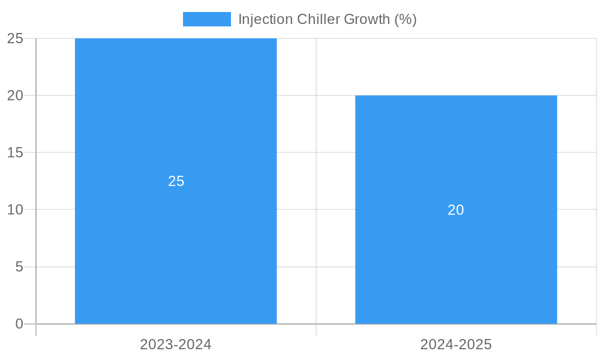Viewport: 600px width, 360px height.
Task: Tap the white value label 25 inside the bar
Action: click(x=176, y=181)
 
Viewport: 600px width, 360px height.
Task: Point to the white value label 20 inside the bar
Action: click(x=456, y=210)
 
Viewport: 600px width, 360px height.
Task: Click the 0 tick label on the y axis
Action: click(x=19, y=324)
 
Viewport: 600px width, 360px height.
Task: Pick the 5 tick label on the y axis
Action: click(x=19, y=266)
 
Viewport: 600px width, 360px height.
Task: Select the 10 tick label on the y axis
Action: click(x=15, y=209)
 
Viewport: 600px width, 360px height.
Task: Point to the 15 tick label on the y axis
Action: click(x=15, y=152)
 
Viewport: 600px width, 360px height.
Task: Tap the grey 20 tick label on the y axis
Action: click(x=15, y=95)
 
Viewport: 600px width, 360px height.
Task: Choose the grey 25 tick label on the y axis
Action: click(x=15, y=38)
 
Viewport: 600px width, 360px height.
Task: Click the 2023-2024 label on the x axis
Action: click(x=176, y=344)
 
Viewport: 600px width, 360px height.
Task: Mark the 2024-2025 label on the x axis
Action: click(x=456, y=344)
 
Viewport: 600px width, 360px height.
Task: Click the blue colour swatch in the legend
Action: click(x=207, y=19)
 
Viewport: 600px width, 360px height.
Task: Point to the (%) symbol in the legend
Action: click(x=406, y=19)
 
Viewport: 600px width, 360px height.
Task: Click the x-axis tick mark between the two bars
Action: click(x=316, y=330)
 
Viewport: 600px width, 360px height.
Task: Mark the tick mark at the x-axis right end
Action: click(x=596, y=330)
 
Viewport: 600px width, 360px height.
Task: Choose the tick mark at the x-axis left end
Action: click(x=36, y=330)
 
